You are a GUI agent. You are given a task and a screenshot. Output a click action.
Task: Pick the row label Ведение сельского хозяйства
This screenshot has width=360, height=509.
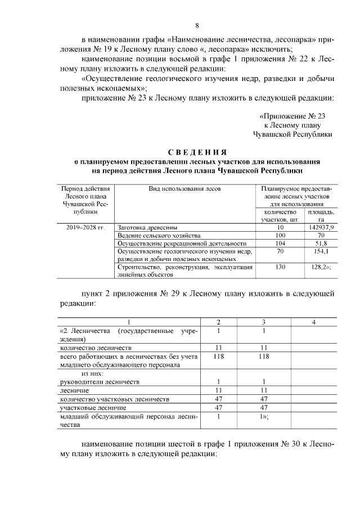pos(159,235)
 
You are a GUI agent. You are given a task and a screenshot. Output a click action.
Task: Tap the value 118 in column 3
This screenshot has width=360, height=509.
pos(263,357)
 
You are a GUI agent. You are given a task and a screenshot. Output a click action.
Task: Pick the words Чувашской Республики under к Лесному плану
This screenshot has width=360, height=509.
pos(292,134)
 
